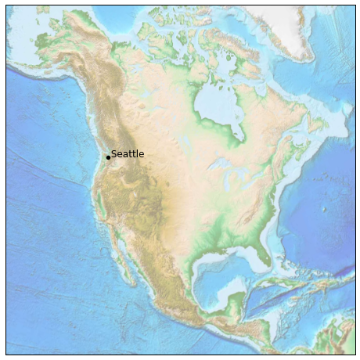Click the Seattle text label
[128, 154]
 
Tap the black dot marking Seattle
[108, 157]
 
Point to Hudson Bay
[213, 102]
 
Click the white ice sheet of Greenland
[309, 23]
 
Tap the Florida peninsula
[262, 252]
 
